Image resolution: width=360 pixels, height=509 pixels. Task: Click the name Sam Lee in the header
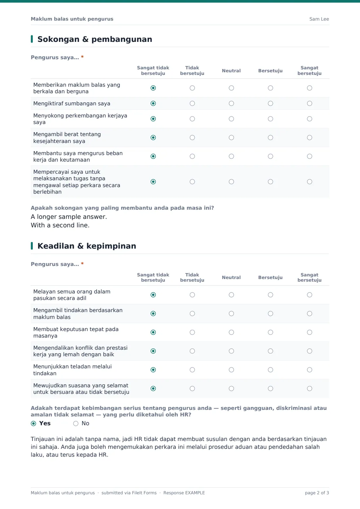pyautogui.click(x=319, y=19)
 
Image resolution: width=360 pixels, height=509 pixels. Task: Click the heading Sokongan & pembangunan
pyautogui.click(x=95, y=39)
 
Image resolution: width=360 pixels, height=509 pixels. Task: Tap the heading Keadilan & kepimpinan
pyautogui.click(x=87, y=246)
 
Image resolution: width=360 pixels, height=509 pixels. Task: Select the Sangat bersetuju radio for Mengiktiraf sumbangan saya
pyautogui.click(x=309, y=103)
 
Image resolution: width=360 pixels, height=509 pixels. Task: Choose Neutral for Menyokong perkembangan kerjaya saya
pyautogui.click(x=231, y=119)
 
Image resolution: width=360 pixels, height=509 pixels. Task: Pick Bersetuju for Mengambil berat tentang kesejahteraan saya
pyautogui.click(x=270, y=137)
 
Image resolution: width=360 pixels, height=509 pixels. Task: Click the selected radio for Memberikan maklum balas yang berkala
pyautogui.click(x=153, y=88)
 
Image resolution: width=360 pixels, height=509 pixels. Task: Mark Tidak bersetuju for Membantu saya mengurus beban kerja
pyautogui.click(x=192, y=156)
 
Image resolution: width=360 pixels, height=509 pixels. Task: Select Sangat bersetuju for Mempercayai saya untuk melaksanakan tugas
pyautogui.click(x=309, y=182)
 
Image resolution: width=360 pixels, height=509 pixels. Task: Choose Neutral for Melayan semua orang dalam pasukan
pyautogui.click(x=231, y=295)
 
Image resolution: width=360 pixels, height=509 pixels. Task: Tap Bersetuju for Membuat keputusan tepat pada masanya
pyautogui.click(x=270, y=332)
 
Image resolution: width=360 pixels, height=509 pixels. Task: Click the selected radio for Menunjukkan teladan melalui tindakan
pyautogui.click(x=153, y=370)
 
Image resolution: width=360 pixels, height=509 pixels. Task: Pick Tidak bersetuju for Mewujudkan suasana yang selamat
pyautogui.click(x=192, y=389)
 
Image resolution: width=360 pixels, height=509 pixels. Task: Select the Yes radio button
pyautogui.click(x=33, y=423)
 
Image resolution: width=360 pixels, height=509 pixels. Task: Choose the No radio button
pyautogui.click(x=76, y=423)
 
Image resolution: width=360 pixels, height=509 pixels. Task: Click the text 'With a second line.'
pyautogui.click(x=60, y=225)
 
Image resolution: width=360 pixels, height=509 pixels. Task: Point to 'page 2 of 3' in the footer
pyautogui.click(x=317, y=493)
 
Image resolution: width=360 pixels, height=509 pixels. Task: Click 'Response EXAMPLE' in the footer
pyautogui.click(x=184, y=493)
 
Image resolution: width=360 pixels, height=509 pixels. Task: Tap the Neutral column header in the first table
pyautogui.click(x=231, y=71)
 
